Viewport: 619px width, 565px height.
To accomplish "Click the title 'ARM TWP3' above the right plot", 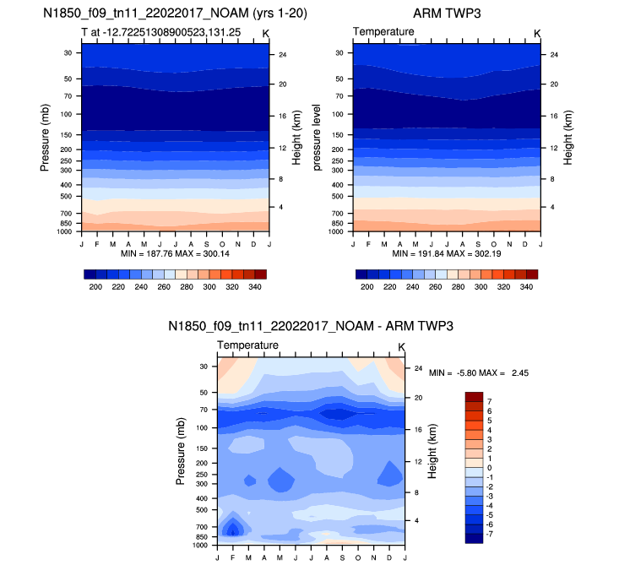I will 447,14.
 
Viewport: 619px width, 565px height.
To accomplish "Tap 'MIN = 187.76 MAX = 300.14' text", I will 175,253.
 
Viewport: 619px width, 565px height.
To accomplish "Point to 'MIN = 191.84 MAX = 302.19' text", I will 446,253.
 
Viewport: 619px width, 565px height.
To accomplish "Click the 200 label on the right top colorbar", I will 367,288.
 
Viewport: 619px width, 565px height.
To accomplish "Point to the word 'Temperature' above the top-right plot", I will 383,31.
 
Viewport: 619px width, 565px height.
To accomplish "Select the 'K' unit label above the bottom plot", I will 401,346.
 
